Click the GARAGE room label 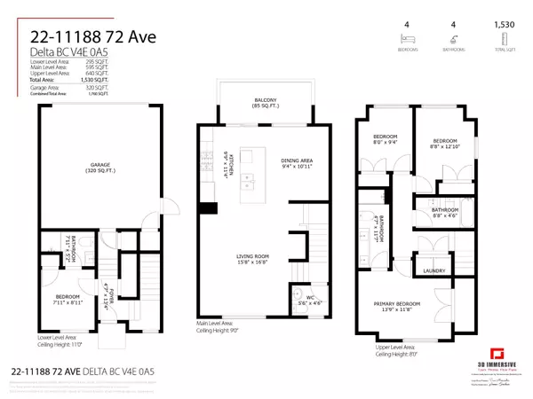point(98,168)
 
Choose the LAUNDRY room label point(434,271)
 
